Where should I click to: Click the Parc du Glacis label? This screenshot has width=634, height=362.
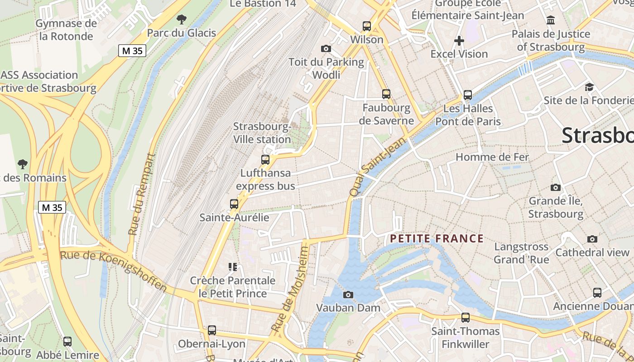[x=182, y=33]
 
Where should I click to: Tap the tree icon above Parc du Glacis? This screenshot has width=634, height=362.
[x=182, y=19]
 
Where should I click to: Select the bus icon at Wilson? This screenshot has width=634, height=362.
[x=367, y=26]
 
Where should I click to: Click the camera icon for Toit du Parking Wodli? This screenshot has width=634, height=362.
[x=326, y=48]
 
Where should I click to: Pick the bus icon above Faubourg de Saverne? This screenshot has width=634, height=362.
[x=386, y=94]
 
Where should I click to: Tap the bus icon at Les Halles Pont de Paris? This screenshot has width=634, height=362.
[x=468, y=95]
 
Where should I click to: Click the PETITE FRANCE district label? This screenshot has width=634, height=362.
[x=437, y=238]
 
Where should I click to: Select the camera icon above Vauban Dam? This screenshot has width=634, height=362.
[x=348, y=295]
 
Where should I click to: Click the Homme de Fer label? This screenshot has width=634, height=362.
[x=492, y=157]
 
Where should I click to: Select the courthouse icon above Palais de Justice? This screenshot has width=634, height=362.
[x=551, y=20]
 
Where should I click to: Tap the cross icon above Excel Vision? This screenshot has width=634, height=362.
[x=459, y=41]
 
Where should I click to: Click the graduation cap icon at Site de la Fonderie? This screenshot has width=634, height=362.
[x=589, y=87]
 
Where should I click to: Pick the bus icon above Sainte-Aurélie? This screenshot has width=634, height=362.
[x=234, y=204]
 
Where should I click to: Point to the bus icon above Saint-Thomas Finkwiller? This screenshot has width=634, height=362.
[x=466, y=318]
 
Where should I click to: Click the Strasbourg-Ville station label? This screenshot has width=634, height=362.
[x=262, y=133]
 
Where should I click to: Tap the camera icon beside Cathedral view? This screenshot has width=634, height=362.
[x=592, y=239]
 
